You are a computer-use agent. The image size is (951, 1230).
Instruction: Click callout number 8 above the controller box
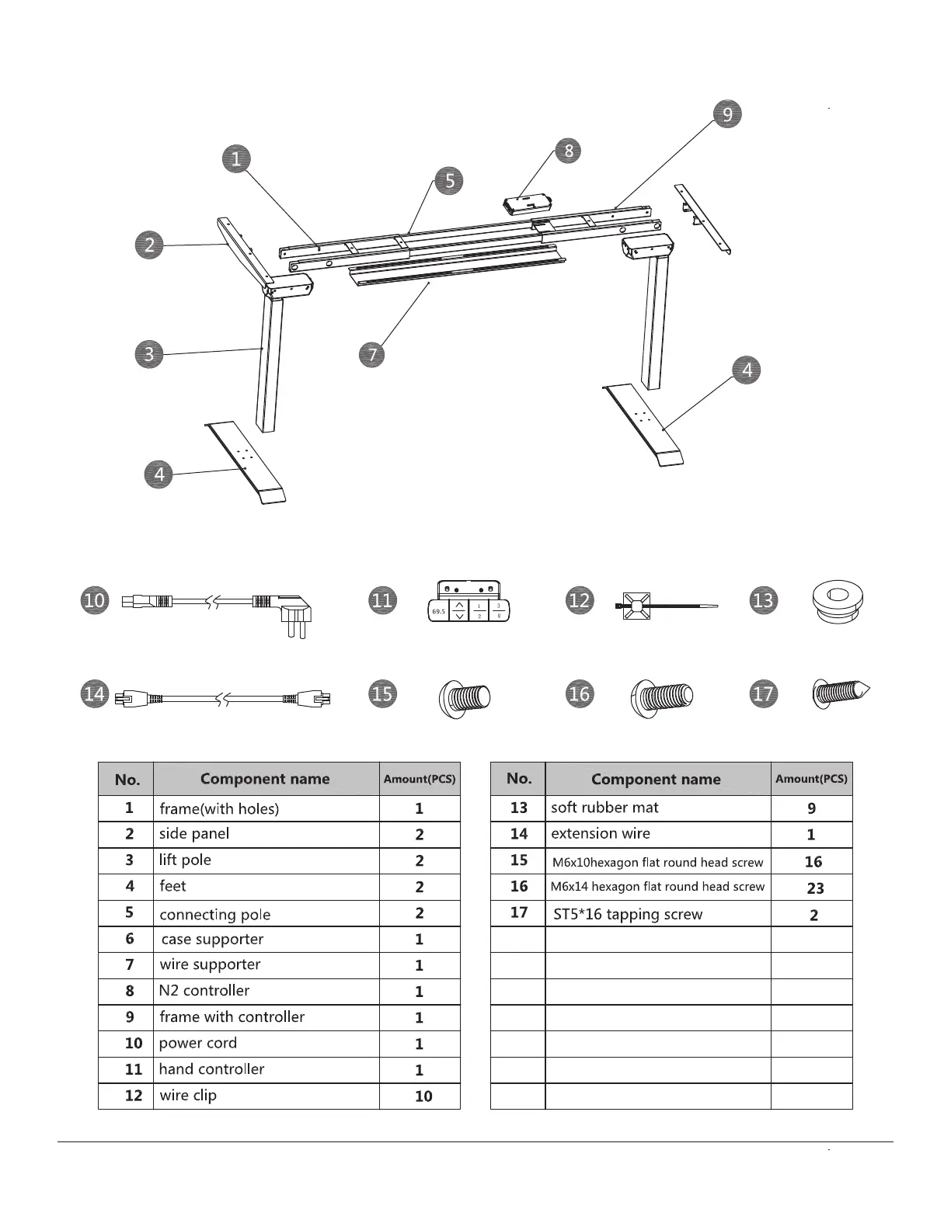(568, 150)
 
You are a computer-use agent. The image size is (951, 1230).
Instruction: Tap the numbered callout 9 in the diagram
(727, 114)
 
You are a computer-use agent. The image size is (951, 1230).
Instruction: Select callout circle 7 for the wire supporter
(373, 355)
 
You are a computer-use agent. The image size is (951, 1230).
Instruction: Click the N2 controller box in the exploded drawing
(526, 204)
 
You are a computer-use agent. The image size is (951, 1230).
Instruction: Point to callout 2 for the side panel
(149, 245)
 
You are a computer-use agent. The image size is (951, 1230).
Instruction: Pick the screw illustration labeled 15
(465, 697)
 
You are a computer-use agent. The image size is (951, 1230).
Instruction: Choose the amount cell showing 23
(814, 888)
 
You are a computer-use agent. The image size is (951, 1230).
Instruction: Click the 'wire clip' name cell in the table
(188, 1096)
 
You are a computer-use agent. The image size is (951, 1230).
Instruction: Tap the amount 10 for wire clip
(423, 1096)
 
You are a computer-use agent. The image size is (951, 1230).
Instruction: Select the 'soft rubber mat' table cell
(604, 808)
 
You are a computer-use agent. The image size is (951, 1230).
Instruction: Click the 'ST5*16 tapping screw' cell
(627, 914)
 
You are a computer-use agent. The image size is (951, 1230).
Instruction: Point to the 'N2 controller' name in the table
(204, 991)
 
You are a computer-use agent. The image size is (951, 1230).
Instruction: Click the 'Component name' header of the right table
(656, 779)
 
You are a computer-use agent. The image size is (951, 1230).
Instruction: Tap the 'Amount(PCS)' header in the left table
(420, 779)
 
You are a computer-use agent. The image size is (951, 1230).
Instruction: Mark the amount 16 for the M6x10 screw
(813, 862)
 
